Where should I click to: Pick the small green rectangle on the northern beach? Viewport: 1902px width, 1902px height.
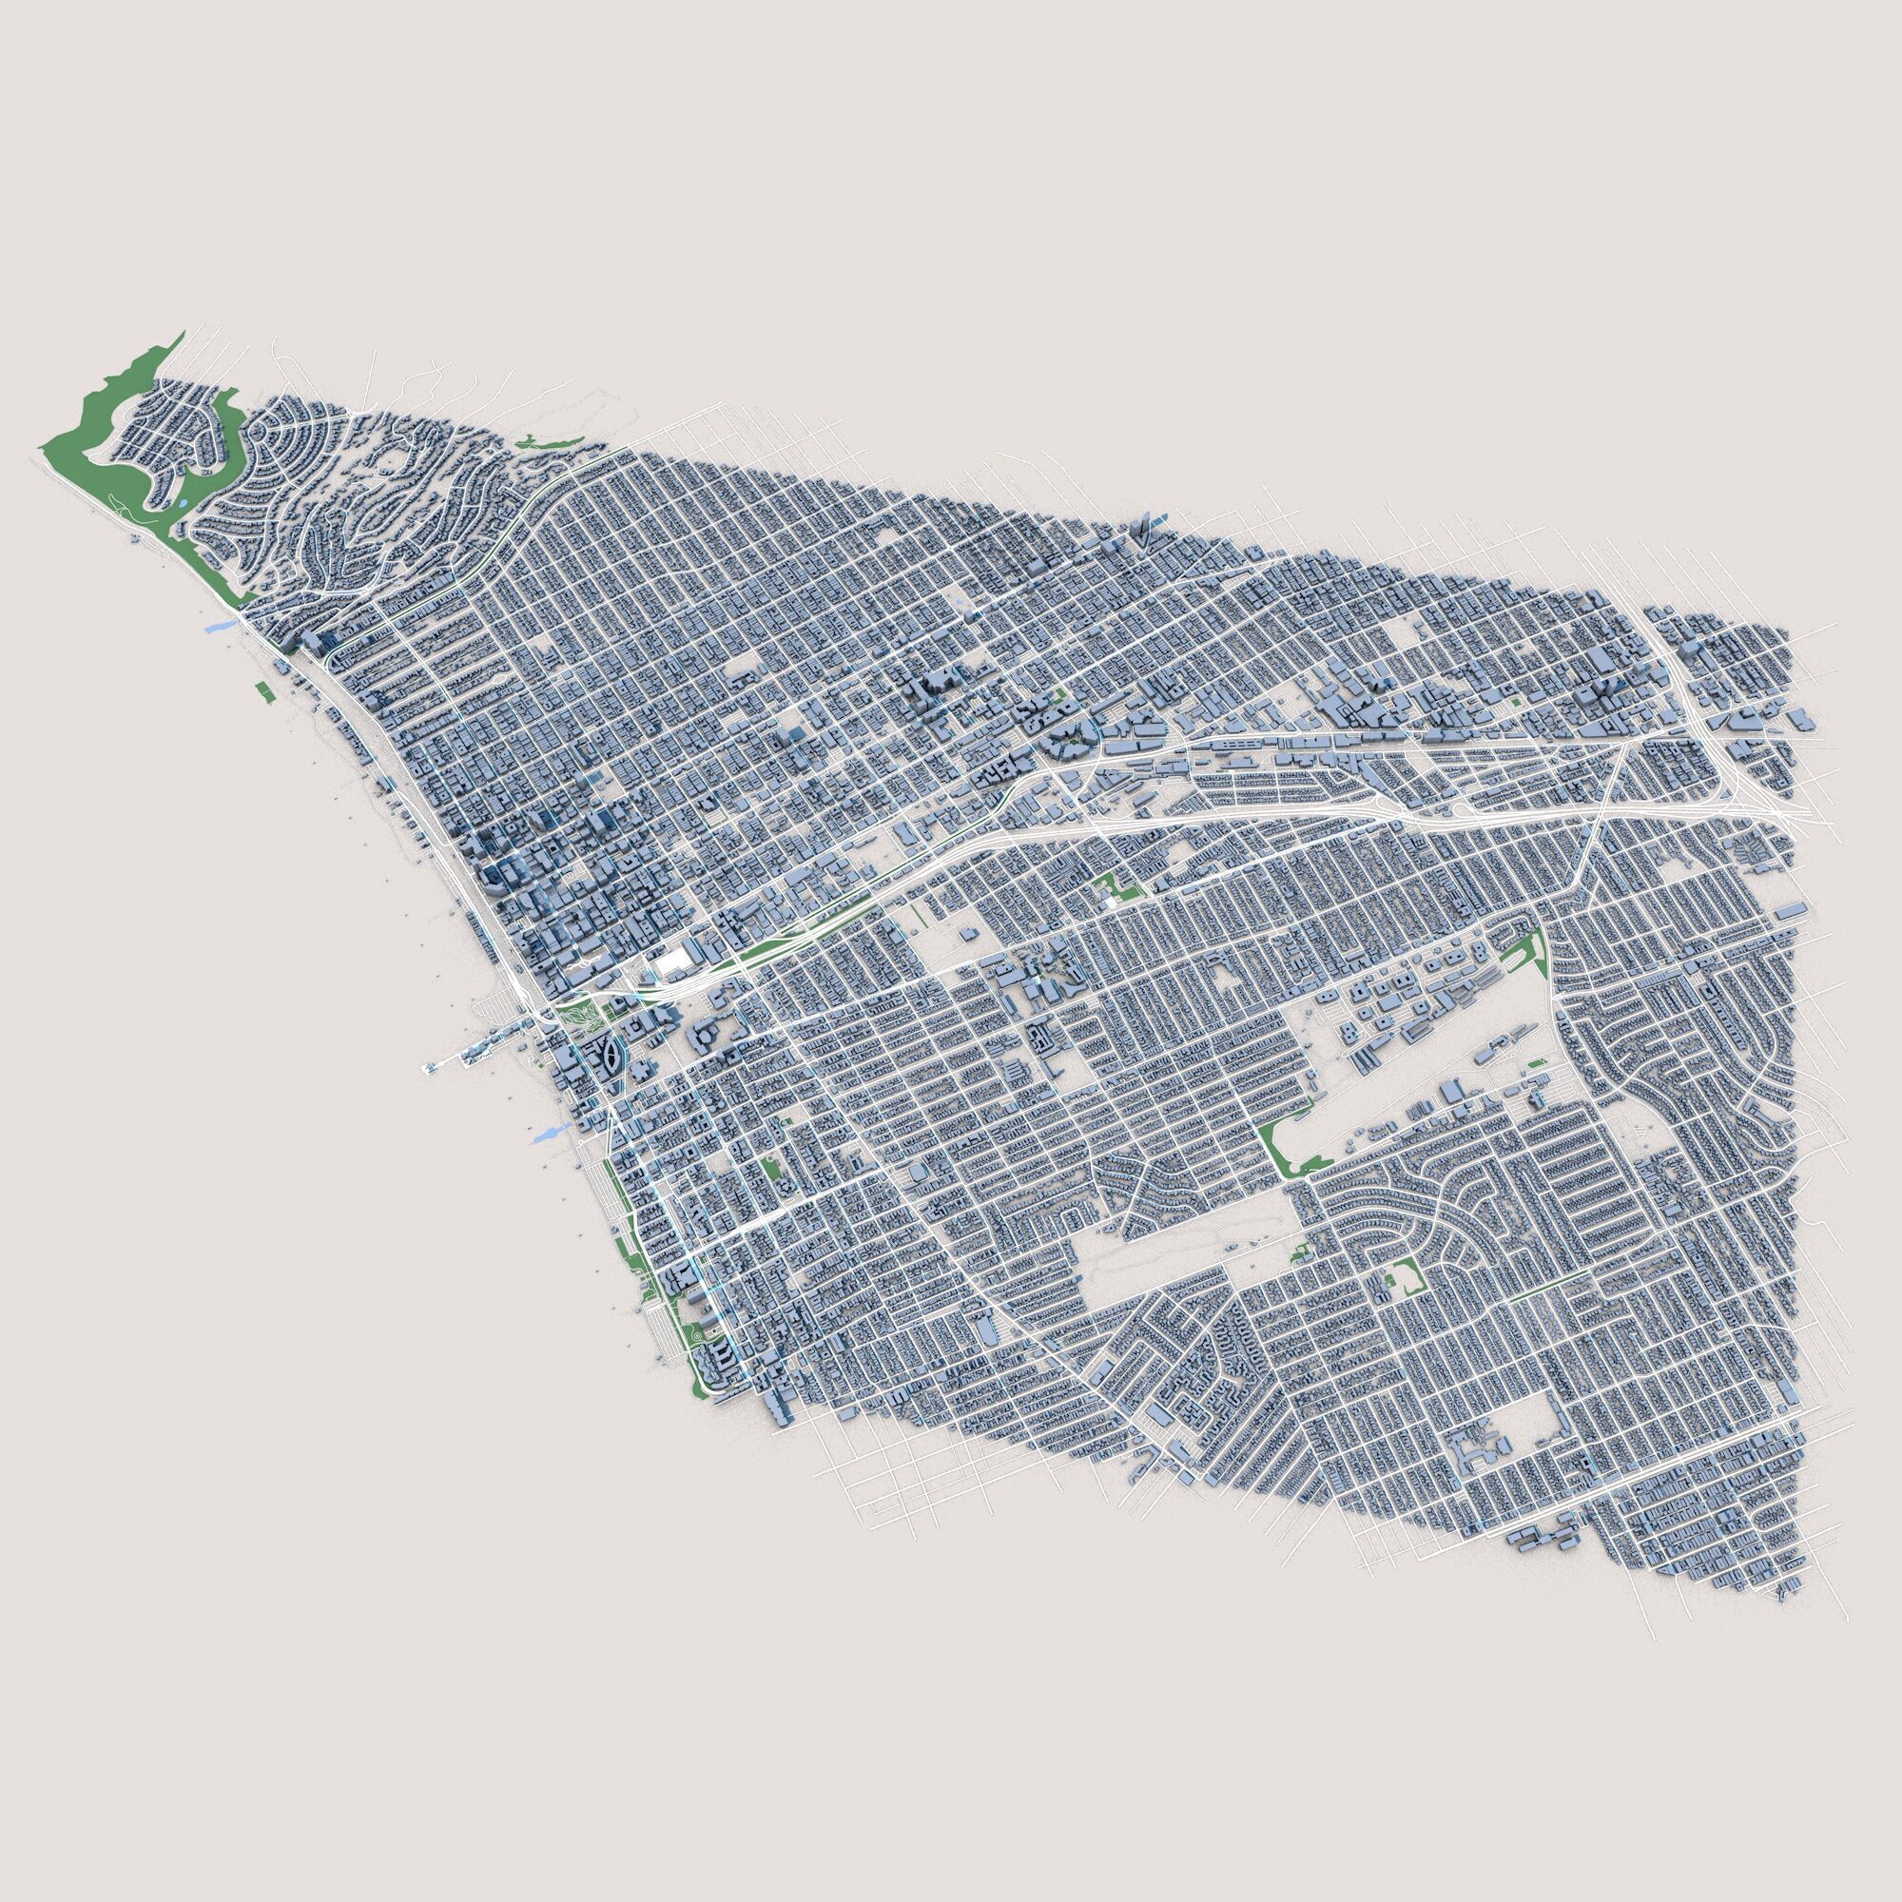tap(262, 690)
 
